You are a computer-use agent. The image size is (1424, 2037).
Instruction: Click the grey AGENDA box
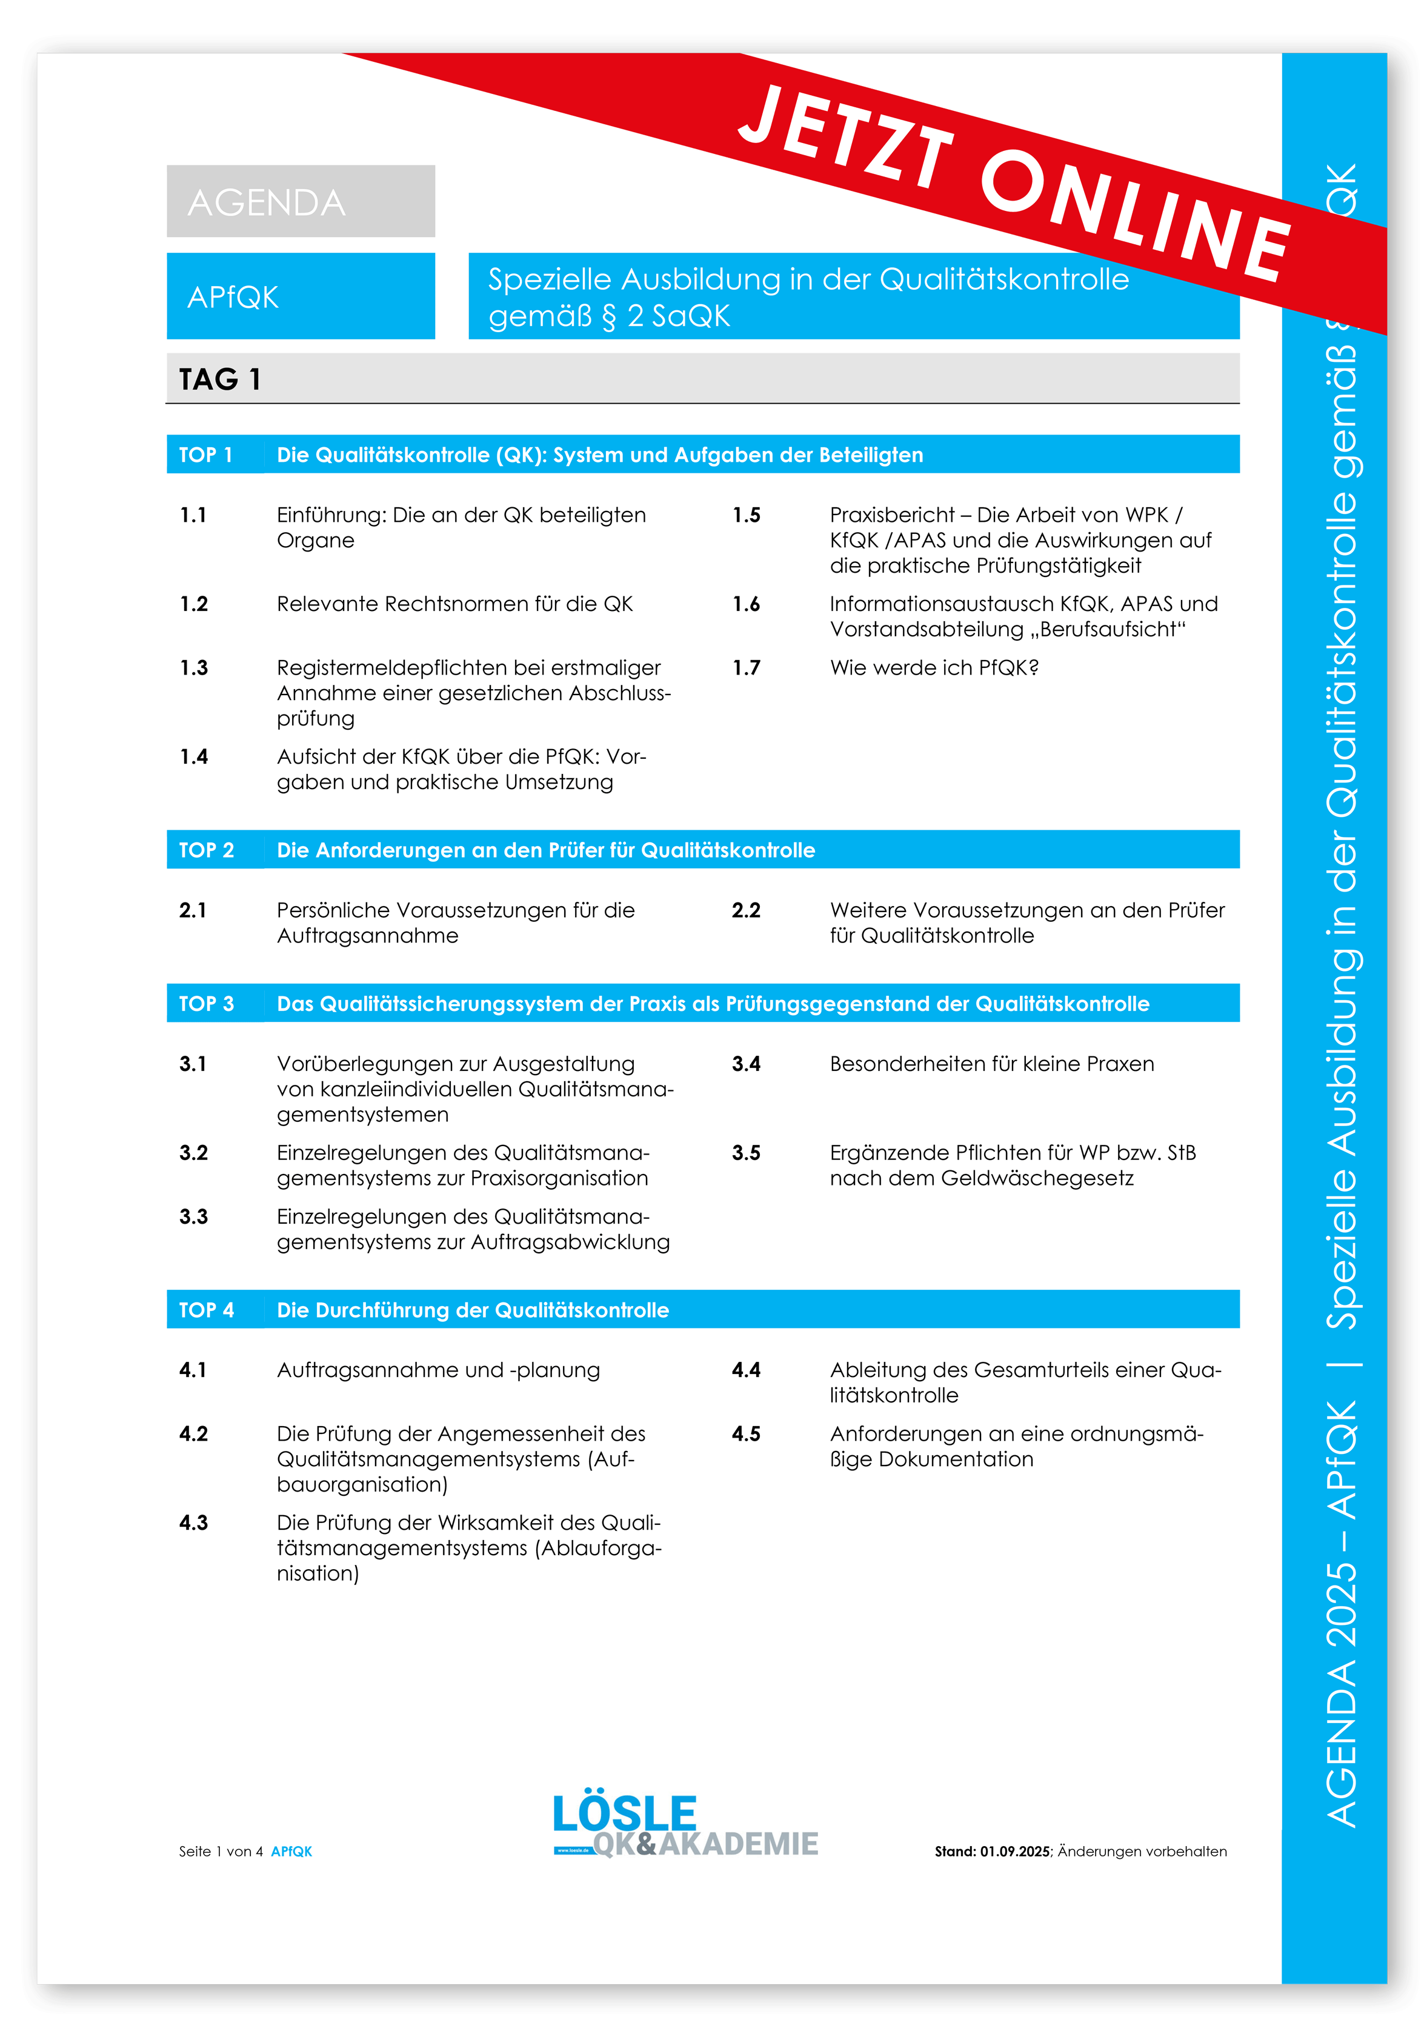coord(300,201)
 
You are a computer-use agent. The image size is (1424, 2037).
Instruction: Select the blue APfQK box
coord(300,296)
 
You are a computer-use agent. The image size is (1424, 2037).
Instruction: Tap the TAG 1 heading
coord(219,380)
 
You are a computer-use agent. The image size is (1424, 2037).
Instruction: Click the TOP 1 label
coord(206,455)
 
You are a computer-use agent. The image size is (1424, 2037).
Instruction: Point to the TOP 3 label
coord(206,1004)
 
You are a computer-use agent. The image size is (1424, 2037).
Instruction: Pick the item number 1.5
coord(745,515)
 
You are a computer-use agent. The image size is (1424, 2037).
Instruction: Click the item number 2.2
coord(745,910)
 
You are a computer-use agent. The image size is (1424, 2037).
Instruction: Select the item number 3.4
coord(745,1064)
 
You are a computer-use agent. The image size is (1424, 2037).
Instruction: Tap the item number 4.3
coord(193,1523)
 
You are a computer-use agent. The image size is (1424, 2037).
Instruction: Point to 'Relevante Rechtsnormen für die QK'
coord(454,604)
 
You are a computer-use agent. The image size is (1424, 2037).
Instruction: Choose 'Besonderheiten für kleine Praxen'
coord(991,1064)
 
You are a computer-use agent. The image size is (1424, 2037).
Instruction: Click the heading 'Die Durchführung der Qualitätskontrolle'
coord(472,1310)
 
